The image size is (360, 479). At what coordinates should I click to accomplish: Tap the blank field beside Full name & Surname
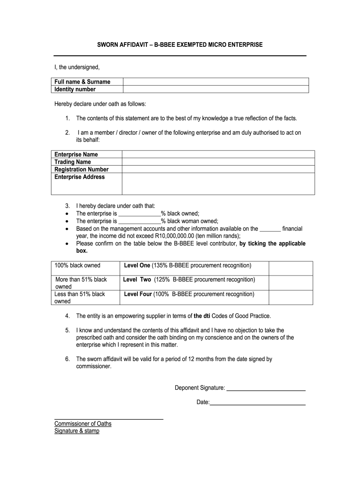[x=216, y=82]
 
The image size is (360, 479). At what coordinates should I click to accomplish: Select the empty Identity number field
[x=216, y=89]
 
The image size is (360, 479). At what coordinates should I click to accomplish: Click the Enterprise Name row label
[x=76, y=154]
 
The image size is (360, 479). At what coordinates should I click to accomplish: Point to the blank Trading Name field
[x=218, y=162]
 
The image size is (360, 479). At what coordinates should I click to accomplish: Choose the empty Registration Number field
[x=218, y=169]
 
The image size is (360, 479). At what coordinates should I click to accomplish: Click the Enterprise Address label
[x=79, y=177]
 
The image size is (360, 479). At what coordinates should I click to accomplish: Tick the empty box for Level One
[x=290, y=268]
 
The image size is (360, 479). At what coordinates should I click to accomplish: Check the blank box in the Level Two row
[x=290, y=283]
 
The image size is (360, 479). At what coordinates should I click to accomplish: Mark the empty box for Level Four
[x=290, y=297]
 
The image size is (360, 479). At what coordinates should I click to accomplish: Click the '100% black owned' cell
[x=78, y=266]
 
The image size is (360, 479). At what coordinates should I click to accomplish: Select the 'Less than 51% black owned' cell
[x=80, y=298]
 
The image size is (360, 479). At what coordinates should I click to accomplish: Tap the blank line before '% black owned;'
[x=139, y=214]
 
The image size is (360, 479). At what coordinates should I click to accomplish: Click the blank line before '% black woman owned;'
[x=139, y=221]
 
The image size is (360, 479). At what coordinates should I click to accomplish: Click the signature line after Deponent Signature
[x=266, y=388]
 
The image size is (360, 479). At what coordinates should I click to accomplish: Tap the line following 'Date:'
[x=258, y=402]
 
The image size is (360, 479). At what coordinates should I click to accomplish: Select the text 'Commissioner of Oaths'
[x=83, y=424]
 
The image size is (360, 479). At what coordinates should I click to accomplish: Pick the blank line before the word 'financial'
[x=270, y=229]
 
